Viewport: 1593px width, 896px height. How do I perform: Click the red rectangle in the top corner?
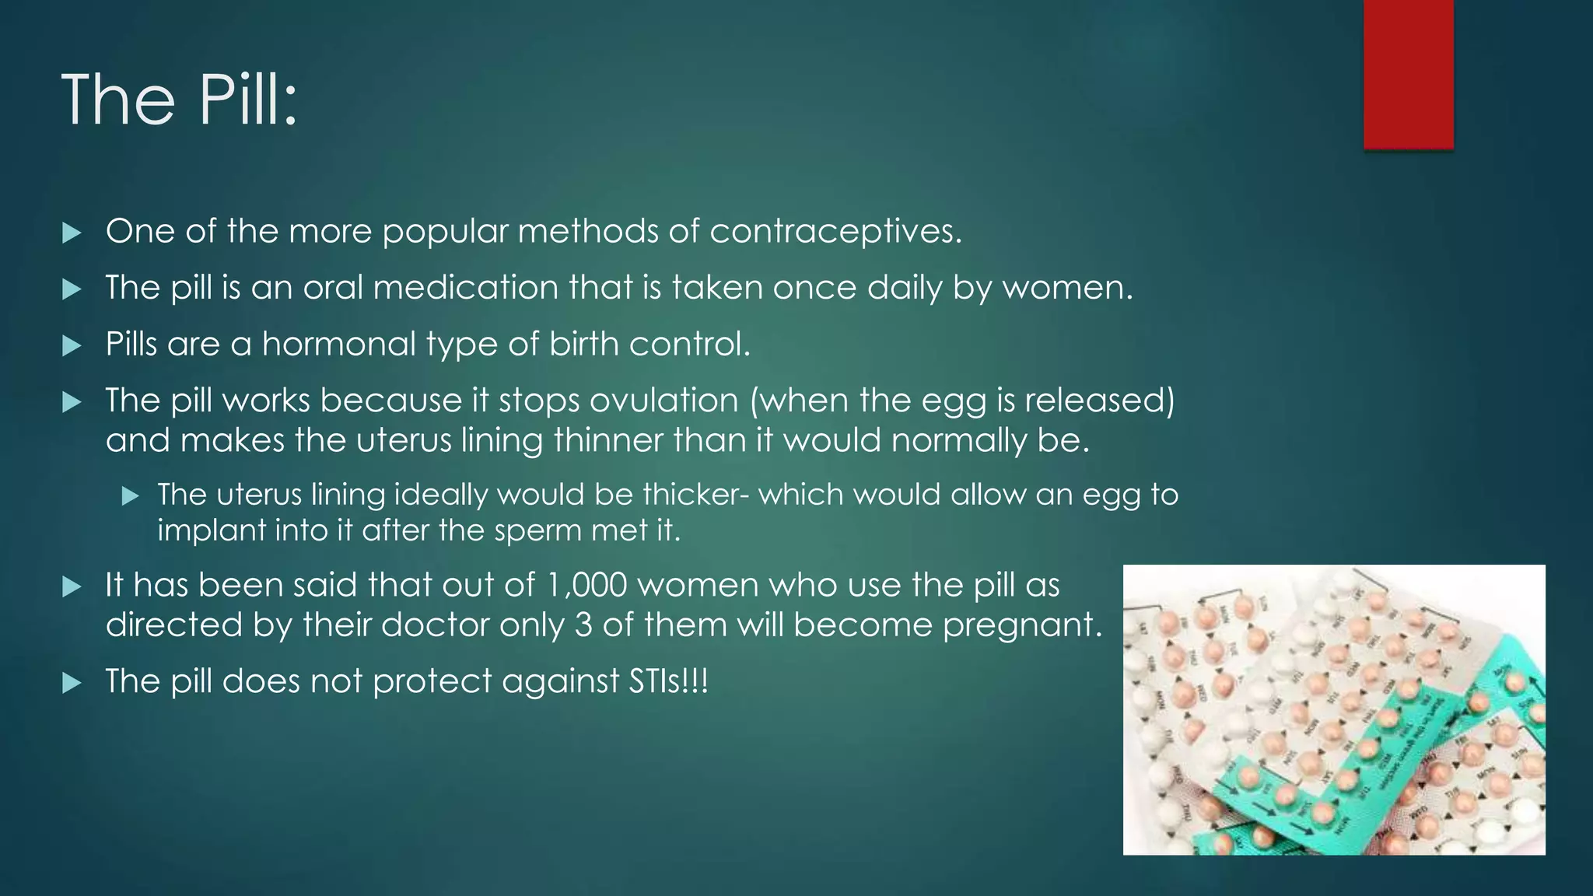1408,73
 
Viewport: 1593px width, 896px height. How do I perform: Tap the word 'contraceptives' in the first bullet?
835,231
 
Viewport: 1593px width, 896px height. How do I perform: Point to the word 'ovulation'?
663,401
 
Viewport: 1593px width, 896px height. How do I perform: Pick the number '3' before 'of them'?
583,625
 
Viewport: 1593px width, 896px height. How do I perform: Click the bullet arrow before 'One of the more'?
72,233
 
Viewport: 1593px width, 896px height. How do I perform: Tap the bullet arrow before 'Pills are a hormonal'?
72,345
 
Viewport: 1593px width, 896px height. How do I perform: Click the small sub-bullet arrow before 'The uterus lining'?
130,495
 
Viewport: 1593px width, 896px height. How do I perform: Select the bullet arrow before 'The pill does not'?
72,683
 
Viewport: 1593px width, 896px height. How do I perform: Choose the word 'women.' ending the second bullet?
1067,288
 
